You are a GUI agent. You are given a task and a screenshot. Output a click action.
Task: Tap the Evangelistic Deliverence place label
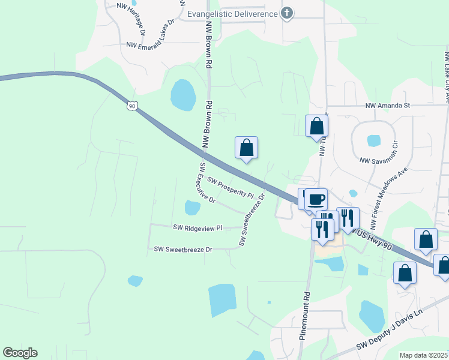click(x=233, y=14)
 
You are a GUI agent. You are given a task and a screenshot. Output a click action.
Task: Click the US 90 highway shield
click(x=132, y=106)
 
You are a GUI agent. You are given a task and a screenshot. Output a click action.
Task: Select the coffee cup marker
click(x=316, y=199)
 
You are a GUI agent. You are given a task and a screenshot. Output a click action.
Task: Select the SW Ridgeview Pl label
click(x=197, y=228)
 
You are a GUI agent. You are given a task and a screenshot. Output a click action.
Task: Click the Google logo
click(x=20, y=353)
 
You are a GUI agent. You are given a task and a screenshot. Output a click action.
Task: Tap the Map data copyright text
click(x=423, y=355)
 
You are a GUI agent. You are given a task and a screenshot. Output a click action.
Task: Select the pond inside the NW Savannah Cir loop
click(x=373, y=141)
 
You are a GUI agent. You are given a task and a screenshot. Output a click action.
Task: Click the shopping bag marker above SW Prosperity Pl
click(x=246, y=148)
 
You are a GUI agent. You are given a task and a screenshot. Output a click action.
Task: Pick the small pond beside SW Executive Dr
click(x=192, y=208)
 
